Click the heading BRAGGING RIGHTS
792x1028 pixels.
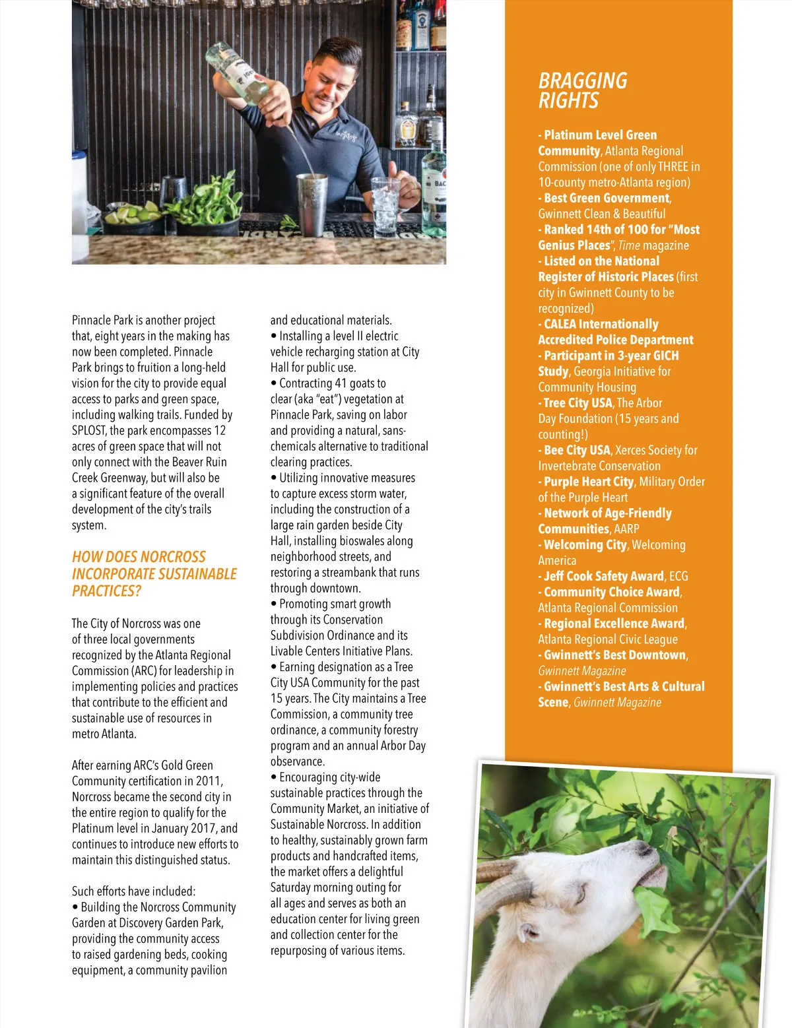coord(582,90)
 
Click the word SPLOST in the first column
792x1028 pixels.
coord(89,431)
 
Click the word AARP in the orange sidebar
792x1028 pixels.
coord(626,529)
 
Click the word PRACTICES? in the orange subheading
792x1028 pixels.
coord(106,591)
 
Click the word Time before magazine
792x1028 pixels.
coord(629,245)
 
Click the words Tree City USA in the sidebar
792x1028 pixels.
coord(577,403)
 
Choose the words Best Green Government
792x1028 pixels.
coord(607,198)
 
